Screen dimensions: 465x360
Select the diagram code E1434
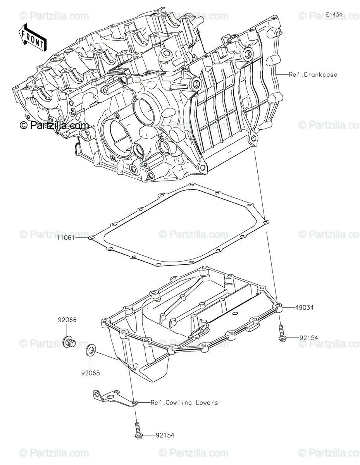pyautogui.click(x=334, y=14)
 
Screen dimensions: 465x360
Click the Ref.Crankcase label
pyautogui.click(x=313, y=74)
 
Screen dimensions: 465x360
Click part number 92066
pyautogui.click(x=67, y=320)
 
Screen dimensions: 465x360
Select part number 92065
pyautogui.click(x=90, y=374)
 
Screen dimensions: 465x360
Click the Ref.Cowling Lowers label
pyautogui.click(x=184, y=403)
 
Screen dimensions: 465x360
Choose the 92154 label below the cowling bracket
pyautogui.click(x=165, y=436)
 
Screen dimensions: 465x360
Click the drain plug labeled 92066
pyautogui.click(x=68, y=342)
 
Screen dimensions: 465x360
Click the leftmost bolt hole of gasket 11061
pyautogui.click(x=91, y=238)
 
